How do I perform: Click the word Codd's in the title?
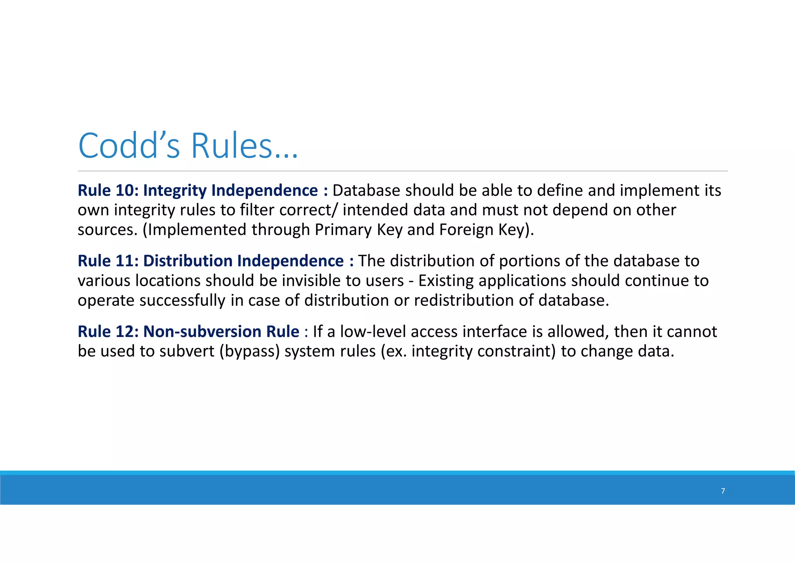coord(129,146)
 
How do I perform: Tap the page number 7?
coord(723,491)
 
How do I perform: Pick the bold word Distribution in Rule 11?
coord(188,261)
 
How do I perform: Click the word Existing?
coord(446,281)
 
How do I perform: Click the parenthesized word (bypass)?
coord(249,351)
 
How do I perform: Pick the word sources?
coord(108,230)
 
